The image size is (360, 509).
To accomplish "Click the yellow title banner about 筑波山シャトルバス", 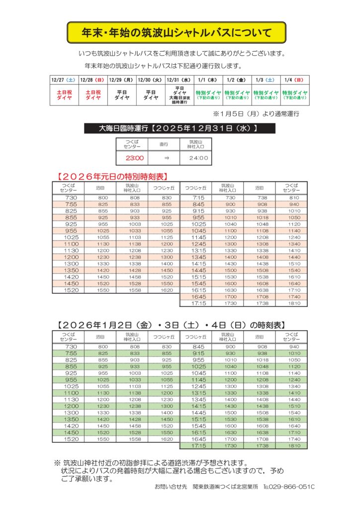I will pyautogui.click(x=177, y=33).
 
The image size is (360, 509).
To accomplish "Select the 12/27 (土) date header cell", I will pyautogui.click(x=64, y=80).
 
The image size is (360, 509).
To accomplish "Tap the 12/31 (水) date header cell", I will pyautogui.click(x=179, y=80).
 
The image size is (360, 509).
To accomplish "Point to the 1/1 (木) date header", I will pyautogui.click(x=207, y=80).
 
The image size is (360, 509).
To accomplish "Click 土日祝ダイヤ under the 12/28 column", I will pyautogui.click(x=93, y=95).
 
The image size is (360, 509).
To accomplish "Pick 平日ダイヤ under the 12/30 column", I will pyautogui.click(x=150, y=95).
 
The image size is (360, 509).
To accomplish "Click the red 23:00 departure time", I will pyautogui.click(x=134, y=159).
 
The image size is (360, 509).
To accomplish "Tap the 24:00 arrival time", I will pyautogui.click(x=198, y=159).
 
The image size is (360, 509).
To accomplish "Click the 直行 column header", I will pyautogui.click(x=163, y=144).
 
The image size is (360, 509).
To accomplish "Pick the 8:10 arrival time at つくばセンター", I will pyautogui.click(x=294, y=198).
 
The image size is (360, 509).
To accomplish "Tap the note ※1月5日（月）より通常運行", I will pyautogui.click(x=256, y=114).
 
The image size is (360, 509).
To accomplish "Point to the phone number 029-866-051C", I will pyautogui.click(x=289, y=488).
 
